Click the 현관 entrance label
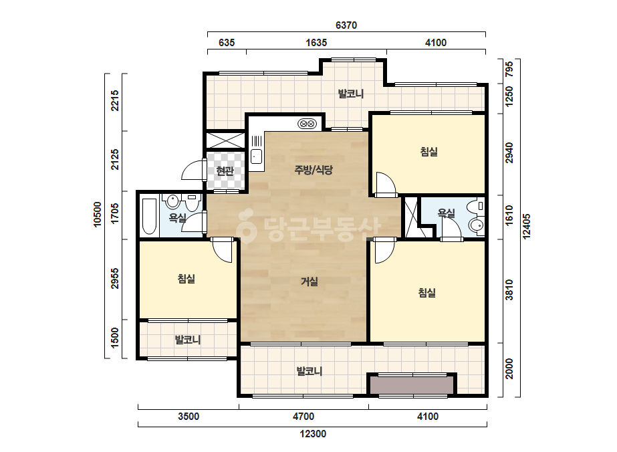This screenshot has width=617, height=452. tap(225, 171)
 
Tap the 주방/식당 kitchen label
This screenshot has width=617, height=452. tap(314, 170)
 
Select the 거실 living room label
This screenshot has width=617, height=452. tap(310, 281)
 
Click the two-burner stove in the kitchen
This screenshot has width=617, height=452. tap(307, 124)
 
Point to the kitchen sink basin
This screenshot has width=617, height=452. tap(256, 156)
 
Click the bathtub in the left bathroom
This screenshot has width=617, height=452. tap(150, 216)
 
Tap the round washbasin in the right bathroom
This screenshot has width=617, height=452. tap(476, 225)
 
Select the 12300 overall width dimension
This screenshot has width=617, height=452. tap(313, 434)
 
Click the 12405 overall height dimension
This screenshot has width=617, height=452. tap(527, 226)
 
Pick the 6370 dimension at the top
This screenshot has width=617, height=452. tap(346, 25)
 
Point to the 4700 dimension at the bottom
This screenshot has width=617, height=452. tap(303, 416)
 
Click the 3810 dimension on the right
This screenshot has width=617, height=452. tap(509, 290)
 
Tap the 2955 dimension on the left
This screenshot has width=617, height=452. tap(115, 278)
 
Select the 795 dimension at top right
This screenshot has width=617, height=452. tap(509, 69)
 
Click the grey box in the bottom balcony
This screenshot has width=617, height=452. tap(412, 384)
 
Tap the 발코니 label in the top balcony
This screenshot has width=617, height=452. tap(350, 94)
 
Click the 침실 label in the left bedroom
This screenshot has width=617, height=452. tap(187, 279)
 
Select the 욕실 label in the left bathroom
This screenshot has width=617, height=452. tap(177, 218)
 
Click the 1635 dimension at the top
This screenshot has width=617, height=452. tap(316, 43)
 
